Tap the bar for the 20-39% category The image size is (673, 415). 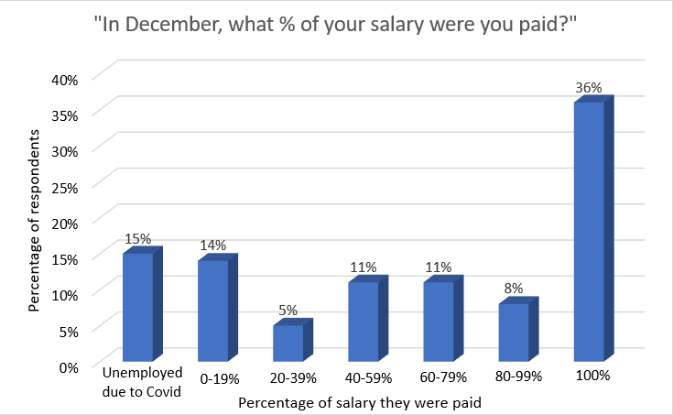pos(288,342)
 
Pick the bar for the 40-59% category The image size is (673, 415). pos(364,321)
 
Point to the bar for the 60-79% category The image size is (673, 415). pos(439,321)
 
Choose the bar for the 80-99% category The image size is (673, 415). pos(513,331)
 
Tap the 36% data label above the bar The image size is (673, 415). pos(589,89)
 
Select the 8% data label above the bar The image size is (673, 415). pos(514,289)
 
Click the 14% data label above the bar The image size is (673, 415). pos(214,246)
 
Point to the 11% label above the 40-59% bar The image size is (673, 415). pos(364,268)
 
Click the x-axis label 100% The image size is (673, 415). pos(592,376)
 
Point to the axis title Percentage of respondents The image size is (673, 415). pos(34,221)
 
